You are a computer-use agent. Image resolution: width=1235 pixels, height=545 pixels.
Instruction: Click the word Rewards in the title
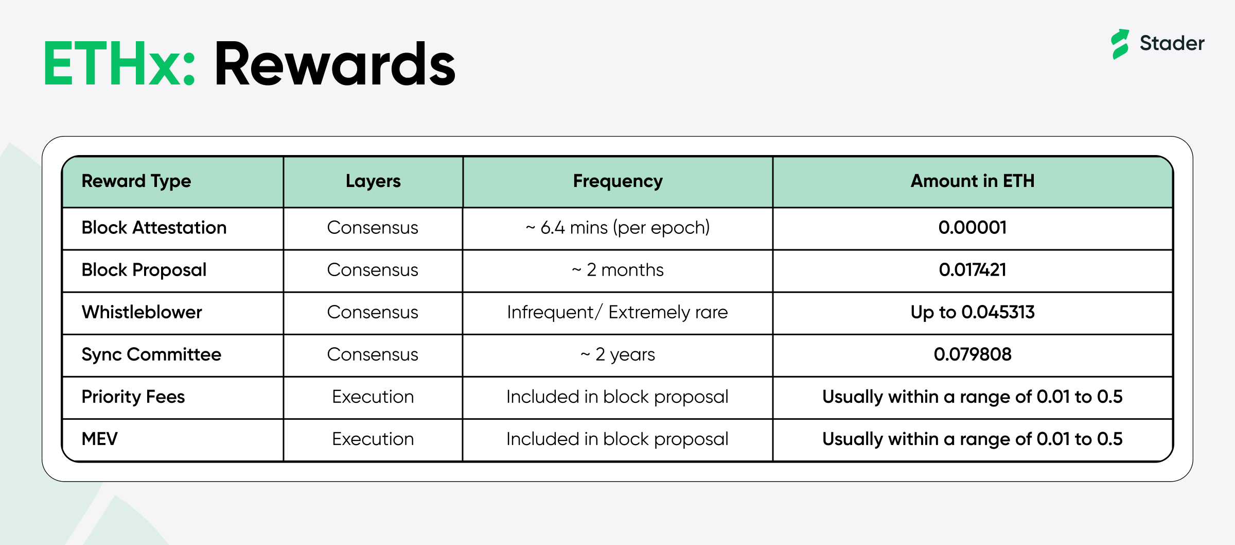pos(335,64)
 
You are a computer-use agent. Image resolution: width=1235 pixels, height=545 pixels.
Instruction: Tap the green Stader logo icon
pos(1120,44)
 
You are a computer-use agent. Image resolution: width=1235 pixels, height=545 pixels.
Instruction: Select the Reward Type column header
pos(136,181)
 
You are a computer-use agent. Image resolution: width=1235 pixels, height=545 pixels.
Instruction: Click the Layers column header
pos(373,181)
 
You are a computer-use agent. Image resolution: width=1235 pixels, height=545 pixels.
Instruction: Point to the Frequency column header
pos(618,181)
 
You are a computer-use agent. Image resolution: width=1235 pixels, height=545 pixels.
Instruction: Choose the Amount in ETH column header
pos(973,181)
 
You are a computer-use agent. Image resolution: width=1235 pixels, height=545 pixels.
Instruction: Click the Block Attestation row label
pos(154,228)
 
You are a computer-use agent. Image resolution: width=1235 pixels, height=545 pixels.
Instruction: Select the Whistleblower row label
pos(142,312)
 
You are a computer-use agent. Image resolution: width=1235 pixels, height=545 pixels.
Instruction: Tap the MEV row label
pos(100,439)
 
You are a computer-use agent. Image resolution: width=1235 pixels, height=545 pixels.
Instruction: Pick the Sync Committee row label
pos(151,354)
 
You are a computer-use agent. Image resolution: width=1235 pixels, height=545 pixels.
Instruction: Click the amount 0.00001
pos(973,228)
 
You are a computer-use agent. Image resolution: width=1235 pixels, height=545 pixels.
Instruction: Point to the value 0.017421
pos(973,270)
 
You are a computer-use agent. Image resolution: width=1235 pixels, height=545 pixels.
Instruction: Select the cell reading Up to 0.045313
pos(973,312)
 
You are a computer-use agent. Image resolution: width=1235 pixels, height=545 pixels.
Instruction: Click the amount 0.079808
pos(973,354)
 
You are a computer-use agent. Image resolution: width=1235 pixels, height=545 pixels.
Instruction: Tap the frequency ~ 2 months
pos(617,270)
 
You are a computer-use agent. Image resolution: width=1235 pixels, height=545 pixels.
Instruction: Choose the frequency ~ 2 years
pos(617,354)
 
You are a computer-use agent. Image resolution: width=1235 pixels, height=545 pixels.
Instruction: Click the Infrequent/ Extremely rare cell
pos(617,312)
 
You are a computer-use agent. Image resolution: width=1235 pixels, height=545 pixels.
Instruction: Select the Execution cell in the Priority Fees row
pos(373,397)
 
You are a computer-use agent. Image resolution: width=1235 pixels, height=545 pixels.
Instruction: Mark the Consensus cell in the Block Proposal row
pos(373,270)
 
